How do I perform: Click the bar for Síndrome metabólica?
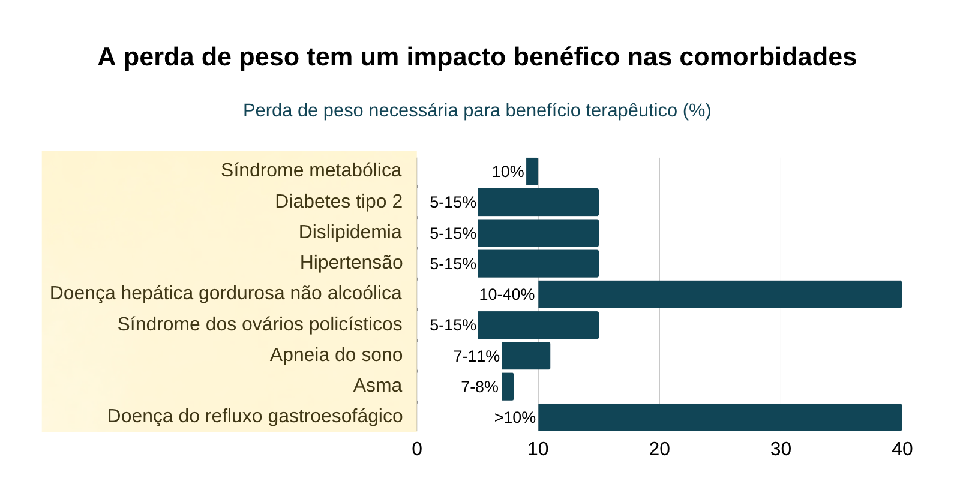click(532, 172)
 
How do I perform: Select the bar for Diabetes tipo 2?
click(538, 202)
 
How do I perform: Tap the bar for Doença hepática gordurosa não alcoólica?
click(720, 294)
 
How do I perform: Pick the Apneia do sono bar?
click(526, 356)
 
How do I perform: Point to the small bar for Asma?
click(508, 387)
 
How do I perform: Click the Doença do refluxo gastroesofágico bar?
click(720, 417)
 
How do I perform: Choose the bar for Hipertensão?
click(538, 264)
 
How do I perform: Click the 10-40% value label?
click(506, 294)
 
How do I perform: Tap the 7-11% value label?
click(476, 356)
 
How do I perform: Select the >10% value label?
click(515, 417)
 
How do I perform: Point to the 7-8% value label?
click(479, 387)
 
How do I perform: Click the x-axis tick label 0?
click(417, 449)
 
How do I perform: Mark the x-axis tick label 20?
click(659, 449)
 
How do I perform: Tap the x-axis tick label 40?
click(902, 449)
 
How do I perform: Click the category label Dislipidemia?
click(350, 232)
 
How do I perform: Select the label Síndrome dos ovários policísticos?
click(259, 324)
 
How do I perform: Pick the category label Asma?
click(377, 385)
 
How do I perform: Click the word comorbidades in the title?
click(767, 57)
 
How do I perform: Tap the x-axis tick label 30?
click(781, 449)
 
